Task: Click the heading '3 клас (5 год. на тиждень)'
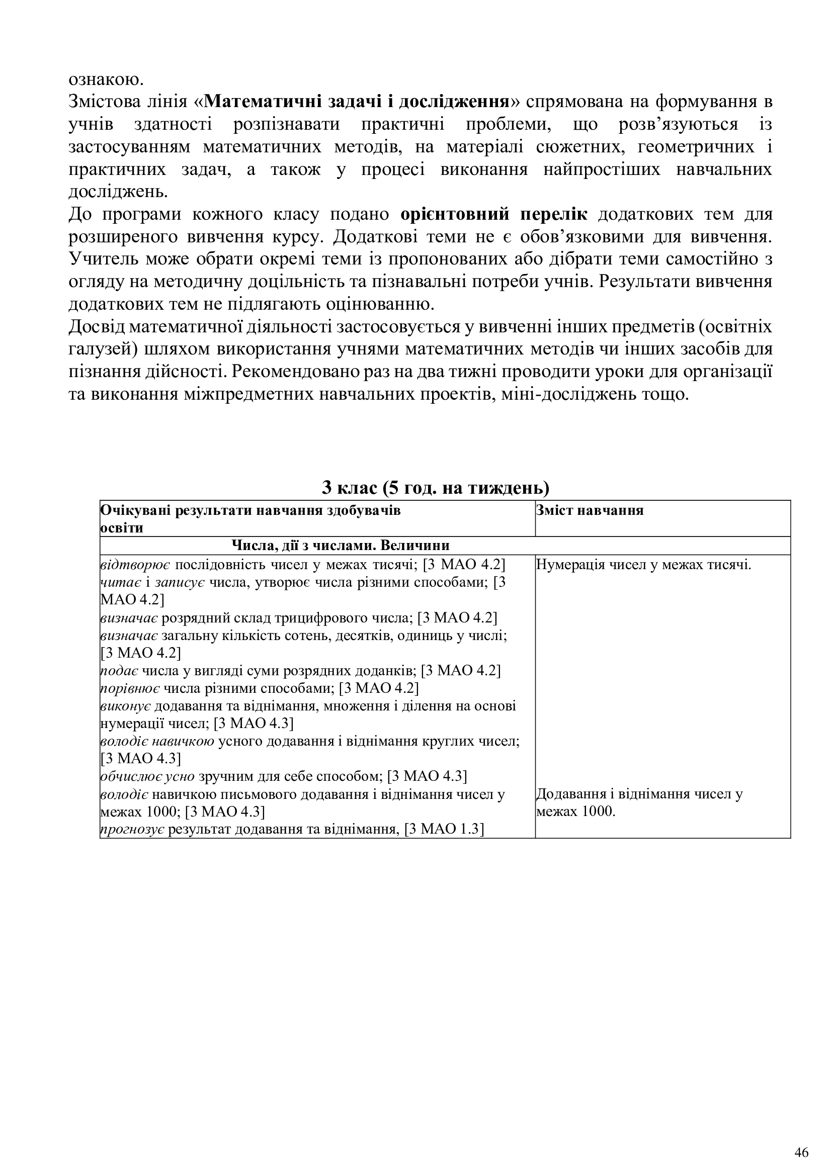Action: tap(436, 487)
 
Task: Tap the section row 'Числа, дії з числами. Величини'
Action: tap(341, 545)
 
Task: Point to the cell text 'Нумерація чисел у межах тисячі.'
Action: tap(643, 565)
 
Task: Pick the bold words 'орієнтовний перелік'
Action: tap(494, 214)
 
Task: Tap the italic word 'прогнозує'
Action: tap(132, 829)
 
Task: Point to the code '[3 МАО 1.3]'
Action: tap(444, 829)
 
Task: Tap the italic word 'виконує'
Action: tap(126, 706)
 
